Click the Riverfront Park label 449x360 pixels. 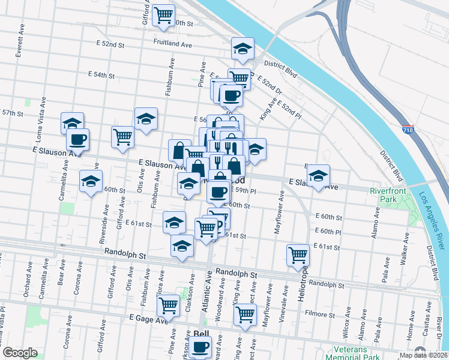384,195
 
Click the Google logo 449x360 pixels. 20,353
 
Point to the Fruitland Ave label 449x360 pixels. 172,44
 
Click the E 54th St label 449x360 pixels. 101,75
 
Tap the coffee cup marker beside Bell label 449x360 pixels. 200,346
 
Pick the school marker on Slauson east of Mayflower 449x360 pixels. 318,175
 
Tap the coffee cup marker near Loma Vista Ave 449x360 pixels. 77,139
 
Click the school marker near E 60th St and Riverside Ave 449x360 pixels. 91,181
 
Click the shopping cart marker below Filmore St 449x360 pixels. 245,313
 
